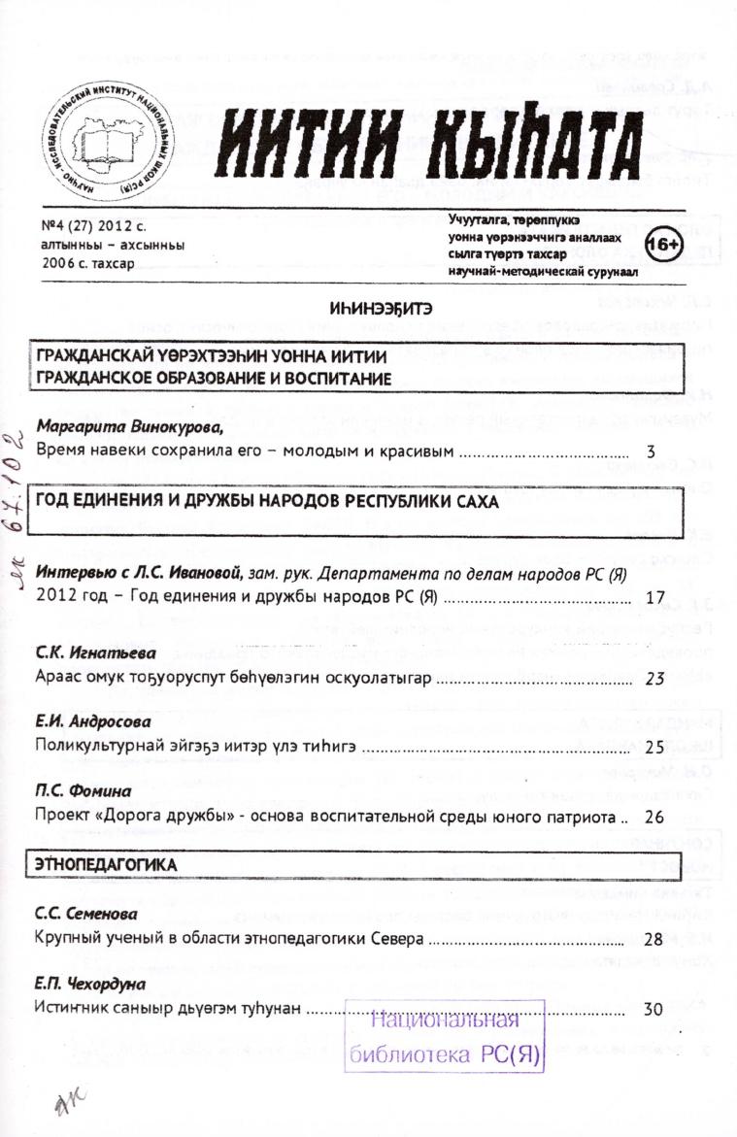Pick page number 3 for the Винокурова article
(651, 451)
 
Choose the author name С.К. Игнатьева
(89, 652)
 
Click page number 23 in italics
(653, 678)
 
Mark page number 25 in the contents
(653, 748)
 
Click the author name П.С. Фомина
(77, 791)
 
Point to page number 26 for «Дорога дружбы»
(653, 817)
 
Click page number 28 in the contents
(653, 939)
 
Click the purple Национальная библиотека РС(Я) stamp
(446, 1036)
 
